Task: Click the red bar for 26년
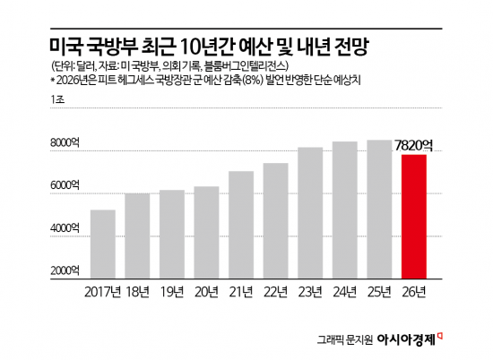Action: (413, 218)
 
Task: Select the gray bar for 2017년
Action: (103, 244)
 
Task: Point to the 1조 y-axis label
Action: (58, 106)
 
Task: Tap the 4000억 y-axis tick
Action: (66, 229)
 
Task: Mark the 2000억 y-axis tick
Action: (66, 271)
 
